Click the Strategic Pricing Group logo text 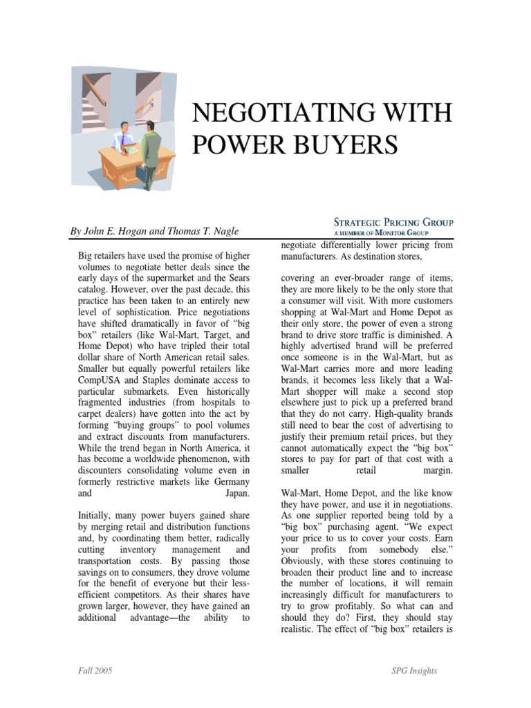point(393,223)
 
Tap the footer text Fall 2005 point(95,671)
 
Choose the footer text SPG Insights point(413,671)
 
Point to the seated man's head point(125,129)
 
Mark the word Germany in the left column point(229,482)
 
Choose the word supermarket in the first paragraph point(158,277)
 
